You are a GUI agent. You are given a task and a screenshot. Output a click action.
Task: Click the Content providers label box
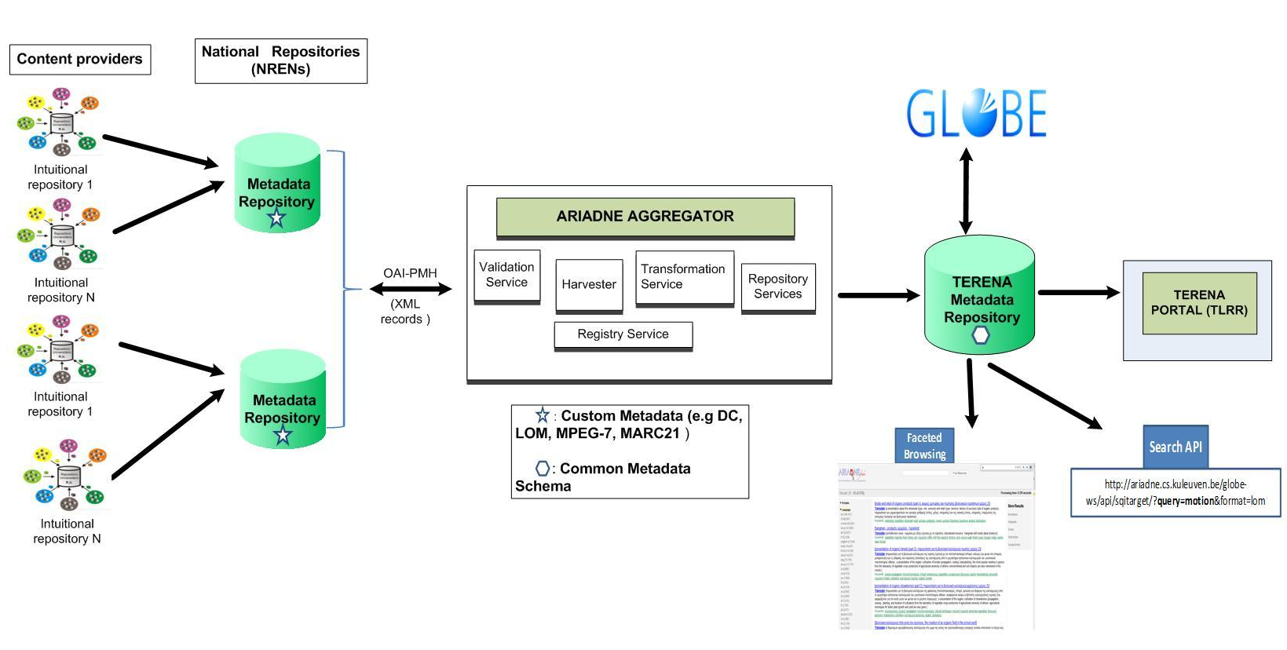(x=80, y=60)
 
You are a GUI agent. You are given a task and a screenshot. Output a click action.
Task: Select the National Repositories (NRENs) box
(x=280, y=60)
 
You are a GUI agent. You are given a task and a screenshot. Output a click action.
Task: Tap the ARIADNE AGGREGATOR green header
(x=645, y=217)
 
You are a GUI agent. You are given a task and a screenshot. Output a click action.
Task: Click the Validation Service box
(x=506, y=276)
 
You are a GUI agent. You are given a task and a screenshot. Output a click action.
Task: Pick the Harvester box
(x=589, y=285)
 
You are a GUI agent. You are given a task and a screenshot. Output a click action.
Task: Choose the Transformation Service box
(x=684, y=277)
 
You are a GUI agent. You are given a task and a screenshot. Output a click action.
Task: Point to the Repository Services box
(x=777, y=287)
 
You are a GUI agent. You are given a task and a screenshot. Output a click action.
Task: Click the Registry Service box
(x=623, y=334)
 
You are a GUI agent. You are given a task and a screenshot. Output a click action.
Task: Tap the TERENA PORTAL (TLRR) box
(x=1199, y=303)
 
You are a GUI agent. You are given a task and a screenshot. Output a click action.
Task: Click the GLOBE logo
(x=976, y=113)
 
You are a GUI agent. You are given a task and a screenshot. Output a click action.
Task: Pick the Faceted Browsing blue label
(x=924, y=446)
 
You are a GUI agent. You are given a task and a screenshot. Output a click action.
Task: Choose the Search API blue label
(x=1175, y=447)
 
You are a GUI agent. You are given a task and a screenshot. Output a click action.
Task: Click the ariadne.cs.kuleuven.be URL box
(x=1175, y=493)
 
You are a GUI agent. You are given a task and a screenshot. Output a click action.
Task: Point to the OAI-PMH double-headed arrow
(x=411, y=289)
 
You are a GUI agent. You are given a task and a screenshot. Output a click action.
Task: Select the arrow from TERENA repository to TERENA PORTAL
(x=1078, y=293)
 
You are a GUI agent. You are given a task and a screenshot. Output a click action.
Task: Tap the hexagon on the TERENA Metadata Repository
(x=981, y=335)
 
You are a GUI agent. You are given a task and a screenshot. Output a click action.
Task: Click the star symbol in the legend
(x=543, y=415)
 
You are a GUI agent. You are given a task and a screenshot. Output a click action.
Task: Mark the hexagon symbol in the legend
(x=543, y=469)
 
